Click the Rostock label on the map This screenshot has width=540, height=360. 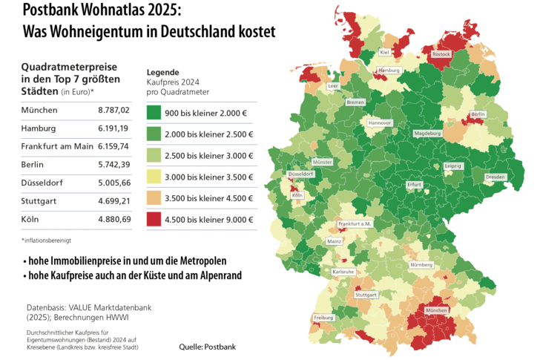(x=441, y=54)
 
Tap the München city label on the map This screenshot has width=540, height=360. (x=437, y=310)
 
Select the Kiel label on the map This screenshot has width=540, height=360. (x=384, y=53)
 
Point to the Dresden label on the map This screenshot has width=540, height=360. (x=495, y=177)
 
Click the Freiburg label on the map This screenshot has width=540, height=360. (x=323, y=317)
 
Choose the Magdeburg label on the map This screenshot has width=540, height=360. (x=427, y=134)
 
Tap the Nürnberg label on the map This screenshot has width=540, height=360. (x=421, y=265)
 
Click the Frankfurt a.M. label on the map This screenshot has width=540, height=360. (x=354, y=224)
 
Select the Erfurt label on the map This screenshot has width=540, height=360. (x=415, y=184)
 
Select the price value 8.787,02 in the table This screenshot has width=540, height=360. (x=113, y=110)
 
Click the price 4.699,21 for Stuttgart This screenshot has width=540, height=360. (x=113, y=200)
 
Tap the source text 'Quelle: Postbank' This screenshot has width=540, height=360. (x=206, y=347)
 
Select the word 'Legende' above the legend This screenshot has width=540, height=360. (x=163, y=72)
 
